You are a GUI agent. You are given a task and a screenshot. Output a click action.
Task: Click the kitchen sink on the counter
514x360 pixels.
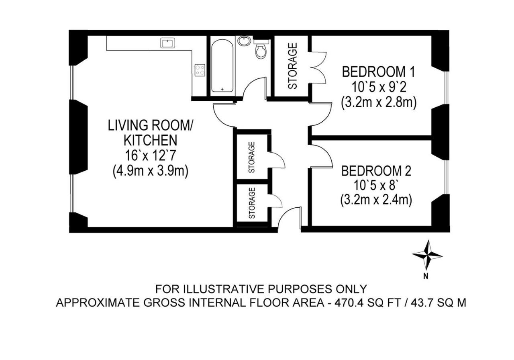coord(167,43)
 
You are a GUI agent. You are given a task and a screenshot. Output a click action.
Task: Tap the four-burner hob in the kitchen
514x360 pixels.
coord(200,70)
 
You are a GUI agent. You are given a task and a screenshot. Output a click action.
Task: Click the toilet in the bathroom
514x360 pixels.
coord(261,49)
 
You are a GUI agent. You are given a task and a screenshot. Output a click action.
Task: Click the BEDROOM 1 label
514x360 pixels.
coord(379,72)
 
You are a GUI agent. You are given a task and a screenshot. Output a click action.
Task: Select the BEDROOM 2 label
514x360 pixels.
coord(376,171)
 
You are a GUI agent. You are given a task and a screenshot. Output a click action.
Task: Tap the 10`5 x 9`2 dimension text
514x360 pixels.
coord(379,87)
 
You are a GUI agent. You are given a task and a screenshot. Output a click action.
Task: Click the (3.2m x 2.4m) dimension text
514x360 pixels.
coord(376,200)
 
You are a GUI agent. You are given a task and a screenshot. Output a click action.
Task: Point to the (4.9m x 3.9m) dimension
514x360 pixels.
coord(151,171)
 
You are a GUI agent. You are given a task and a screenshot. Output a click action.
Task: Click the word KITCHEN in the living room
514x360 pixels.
coord(151,140)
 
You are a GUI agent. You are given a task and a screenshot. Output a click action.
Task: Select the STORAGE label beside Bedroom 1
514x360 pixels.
coord(293,66)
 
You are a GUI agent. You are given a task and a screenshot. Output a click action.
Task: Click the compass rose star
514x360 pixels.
coord(427,255)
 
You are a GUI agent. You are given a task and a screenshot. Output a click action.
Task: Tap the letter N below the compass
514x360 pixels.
coord(426,277)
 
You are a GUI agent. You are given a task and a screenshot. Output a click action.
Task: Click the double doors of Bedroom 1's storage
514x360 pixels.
coord(318,67)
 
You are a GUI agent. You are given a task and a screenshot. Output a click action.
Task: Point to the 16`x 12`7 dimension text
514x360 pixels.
coord(151,155)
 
